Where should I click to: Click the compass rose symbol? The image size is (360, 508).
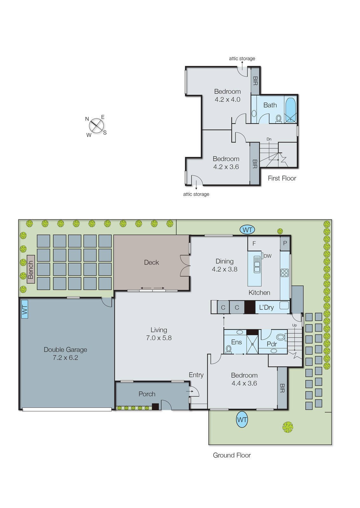click(x=96, y=126)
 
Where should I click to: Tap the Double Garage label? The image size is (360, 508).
click(x=65, y=350)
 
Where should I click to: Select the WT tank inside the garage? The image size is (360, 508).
click(x=24, y=309)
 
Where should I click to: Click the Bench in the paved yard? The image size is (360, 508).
click(x=31, y=269)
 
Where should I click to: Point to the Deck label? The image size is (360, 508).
click(x=151, y=262)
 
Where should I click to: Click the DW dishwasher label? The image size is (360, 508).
click(x=268, y=256)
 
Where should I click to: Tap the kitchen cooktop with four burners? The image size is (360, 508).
click(x=285, y=273)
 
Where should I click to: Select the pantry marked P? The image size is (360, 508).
click(x=285, y=243)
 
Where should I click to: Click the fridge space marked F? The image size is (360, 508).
click(x=254, y=243)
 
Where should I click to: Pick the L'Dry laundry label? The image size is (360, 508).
click(x=266, y=307)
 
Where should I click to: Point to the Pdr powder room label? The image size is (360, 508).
click(x=272, y=344)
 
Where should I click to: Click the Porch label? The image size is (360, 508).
click(x=147, y=394)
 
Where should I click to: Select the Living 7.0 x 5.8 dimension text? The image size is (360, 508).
click(x=159, y=338)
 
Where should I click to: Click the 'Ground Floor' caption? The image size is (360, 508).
click(x=232, y=455)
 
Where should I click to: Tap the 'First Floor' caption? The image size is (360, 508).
click(x=282, y=178)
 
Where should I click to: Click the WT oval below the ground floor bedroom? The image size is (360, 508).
click(x=242, y=419)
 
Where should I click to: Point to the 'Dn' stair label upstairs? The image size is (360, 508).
click(x=269, y=139)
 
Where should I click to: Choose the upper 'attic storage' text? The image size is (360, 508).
click(x=242, y=58)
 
